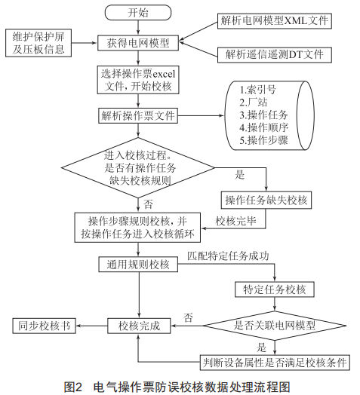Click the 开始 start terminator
pos(138,13)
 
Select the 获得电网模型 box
pos(138,43)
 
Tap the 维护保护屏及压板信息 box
pos(38,43)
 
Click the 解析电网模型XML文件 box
pos(275,21)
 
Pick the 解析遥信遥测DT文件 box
pos(275,55)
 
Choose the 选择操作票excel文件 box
pos(138,80)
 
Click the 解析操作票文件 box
pos(138,115)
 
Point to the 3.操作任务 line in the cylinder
pos(263,115)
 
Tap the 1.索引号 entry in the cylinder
pos(257,90)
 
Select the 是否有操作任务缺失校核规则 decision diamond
pos(138,168)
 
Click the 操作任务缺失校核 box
pos(266,201)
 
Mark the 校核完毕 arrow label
pos(236,221)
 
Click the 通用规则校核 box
pos(138,265)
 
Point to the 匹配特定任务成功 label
pos(228,256)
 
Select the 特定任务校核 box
pos(275,289)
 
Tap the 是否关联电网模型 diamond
pos(275,326)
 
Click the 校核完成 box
pos(139,326)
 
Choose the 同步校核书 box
pos(44,326)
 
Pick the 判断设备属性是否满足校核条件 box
pos(275,363)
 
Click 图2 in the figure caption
pos(74,387)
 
